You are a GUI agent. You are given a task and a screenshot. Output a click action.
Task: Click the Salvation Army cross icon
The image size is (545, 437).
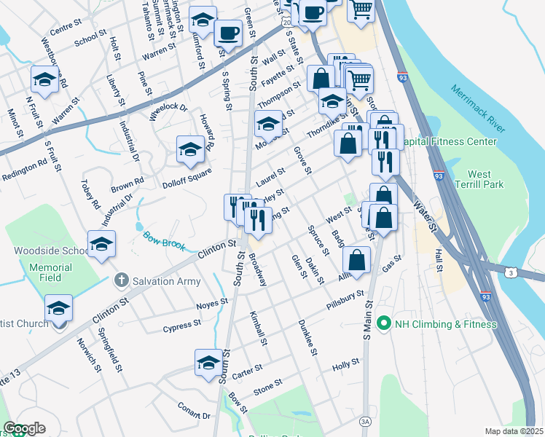(122, 280)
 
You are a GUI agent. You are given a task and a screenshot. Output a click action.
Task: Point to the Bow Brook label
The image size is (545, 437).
(160, 239)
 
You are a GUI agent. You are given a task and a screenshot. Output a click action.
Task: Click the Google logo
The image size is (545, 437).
(24, 428)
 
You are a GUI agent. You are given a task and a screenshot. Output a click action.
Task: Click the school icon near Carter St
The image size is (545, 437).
(208, 363)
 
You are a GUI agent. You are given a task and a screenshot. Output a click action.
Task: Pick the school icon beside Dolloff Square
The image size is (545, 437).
(190, 150)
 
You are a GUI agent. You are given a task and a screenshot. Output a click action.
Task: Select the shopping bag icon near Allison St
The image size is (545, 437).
(356, 261)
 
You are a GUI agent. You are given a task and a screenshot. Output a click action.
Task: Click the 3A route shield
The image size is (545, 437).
(365, 421)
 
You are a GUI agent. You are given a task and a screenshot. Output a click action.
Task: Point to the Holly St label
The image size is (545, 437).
(345, 363)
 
